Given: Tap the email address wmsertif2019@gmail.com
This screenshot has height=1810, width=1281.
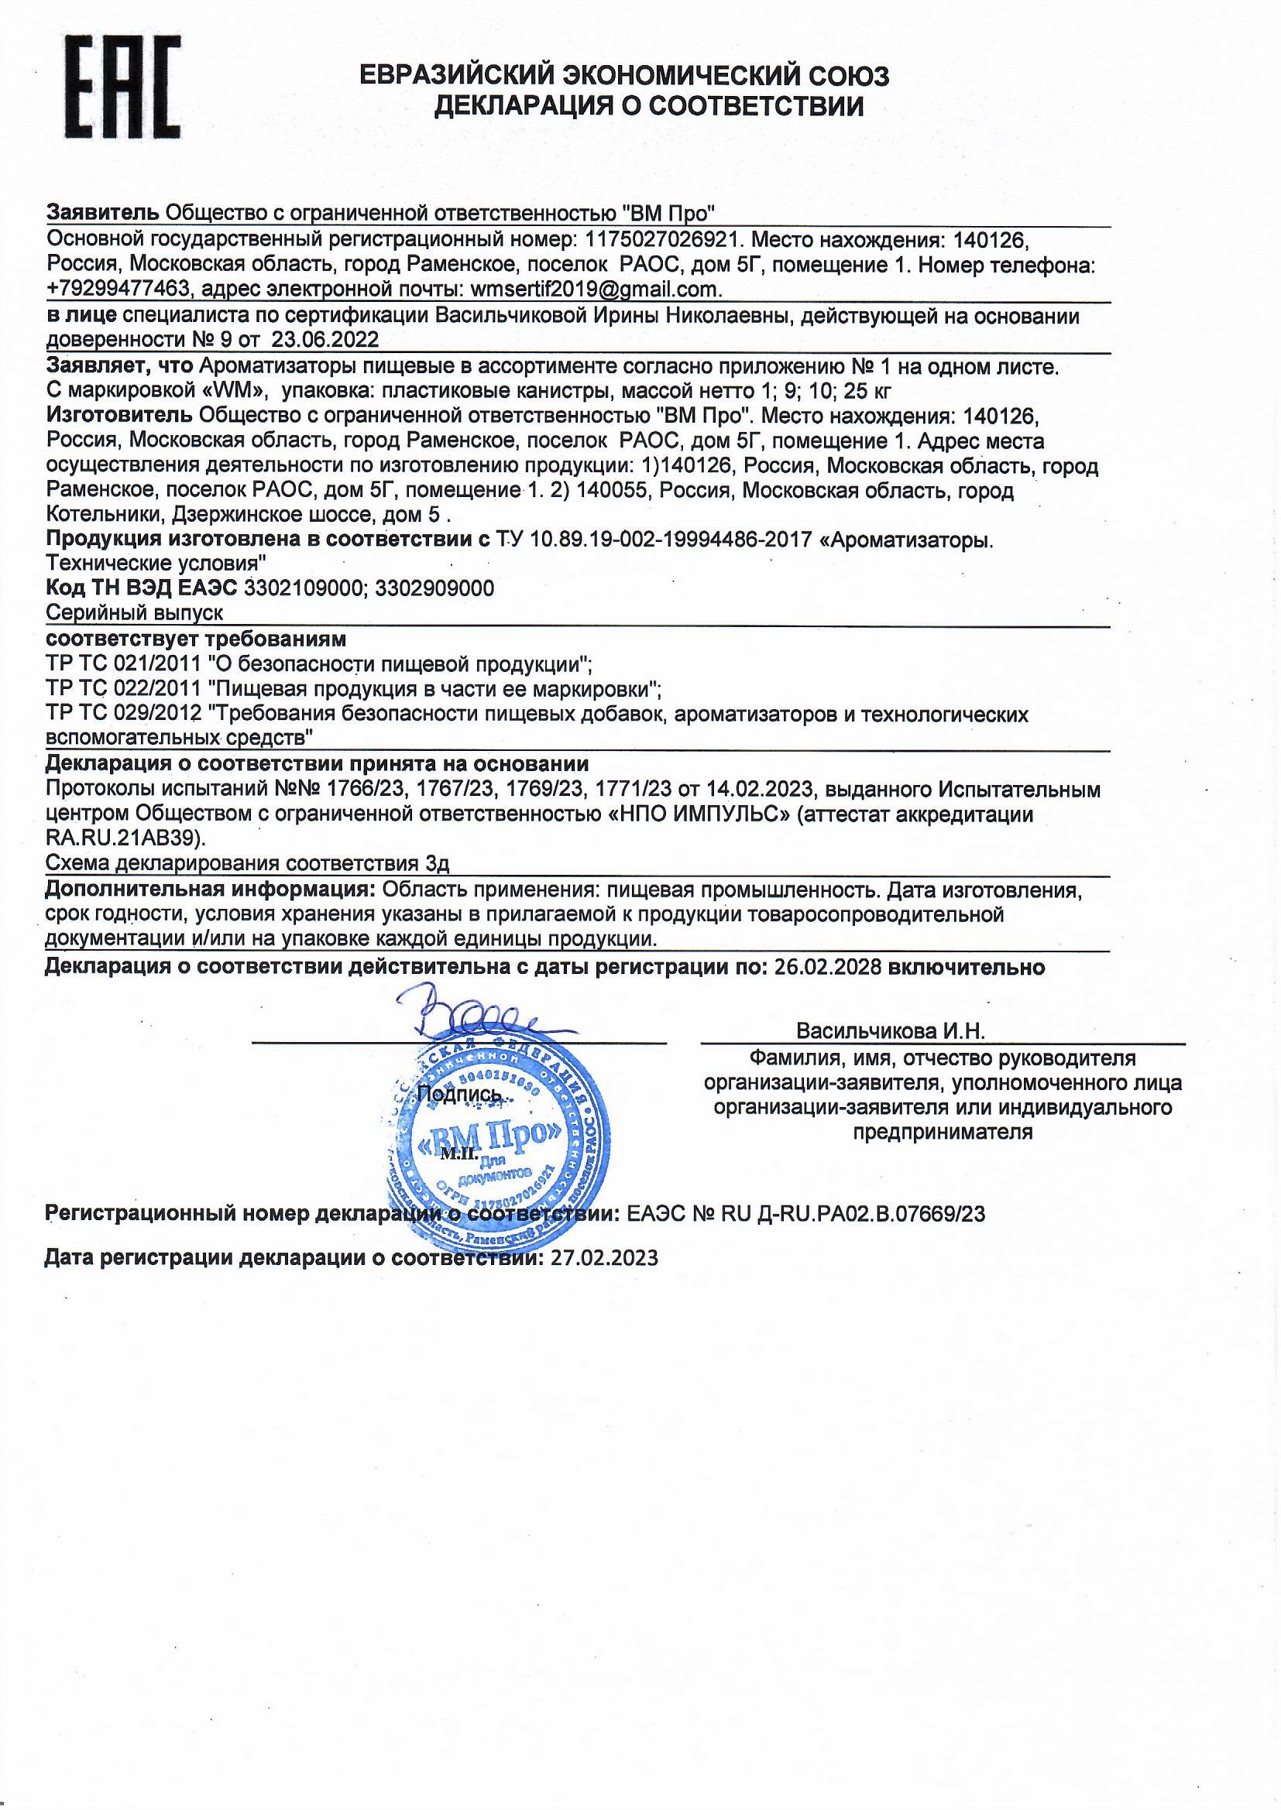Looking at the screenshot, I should point(595,290).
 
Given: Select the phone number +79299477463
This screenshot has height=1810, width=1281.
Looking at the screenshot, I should point(118,290).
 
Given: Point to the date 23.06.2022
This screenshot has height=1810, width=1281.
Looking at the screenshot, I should point(325,340).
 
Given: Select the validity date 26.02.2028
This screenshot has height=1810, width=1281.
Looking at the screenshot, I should point(824,967).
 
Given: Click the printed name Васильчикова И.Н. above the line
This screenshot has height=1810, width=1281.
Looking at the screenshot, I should point(891,1031).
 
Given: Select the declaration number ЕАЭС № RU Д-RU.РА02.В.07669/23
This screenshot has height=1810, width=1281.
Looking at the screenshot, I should point(806,1213).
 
